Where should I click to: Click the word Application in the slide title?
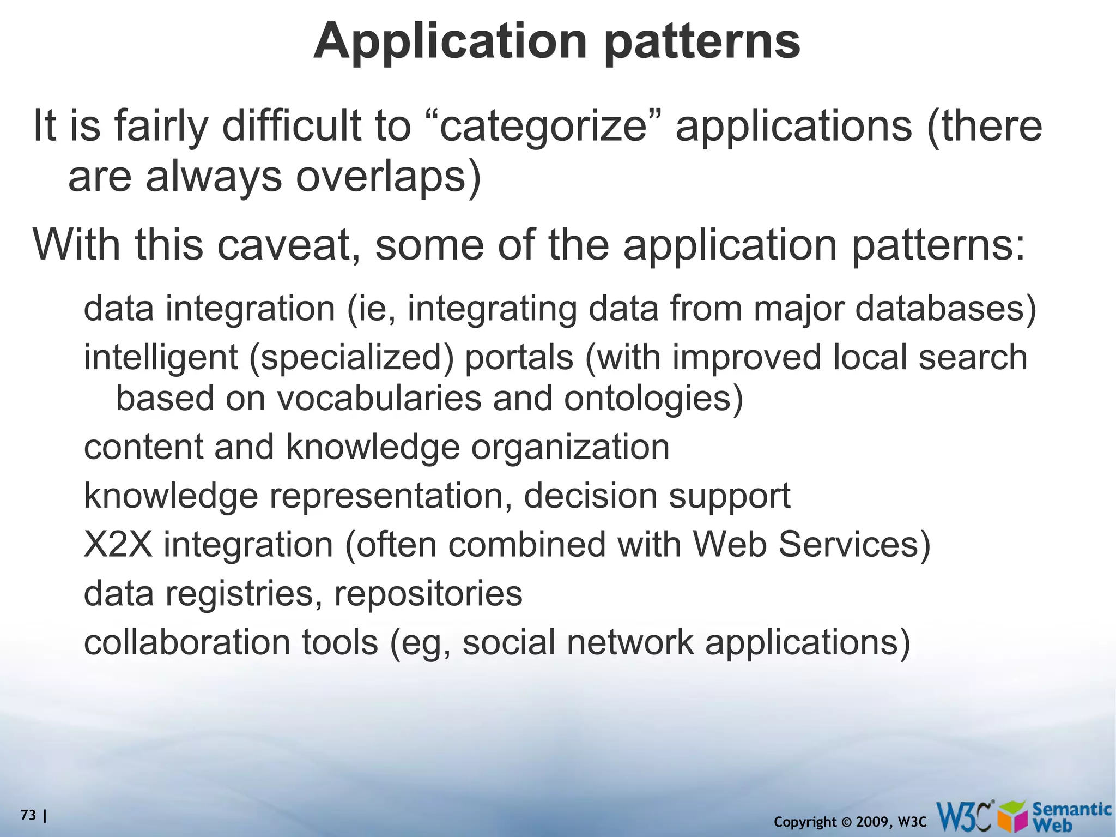tap(450, 41)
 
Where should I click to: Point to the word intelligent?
tap(160, 358)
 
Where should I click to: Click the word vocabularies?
tap(379, 398)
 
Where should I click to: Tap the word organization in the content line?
tap(570, 447)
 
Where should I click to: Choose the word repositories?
tap(428, 593)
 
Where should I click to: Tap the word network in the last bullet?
tap(630, 642)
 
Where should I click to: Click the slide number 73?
tap(28, 816)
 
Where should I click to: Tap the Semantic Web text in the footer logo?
tap(1071, 816)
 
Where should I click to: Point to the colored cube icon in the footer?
tap(1014, 817)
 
